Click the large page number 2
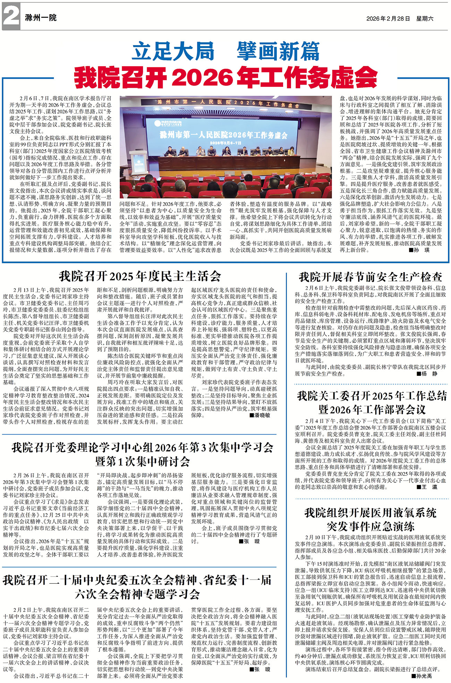(11, 17)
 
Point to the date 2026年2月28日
(388, 18)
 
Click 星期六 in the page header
(425, 18)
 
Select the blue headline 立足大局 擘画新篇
(226, 52)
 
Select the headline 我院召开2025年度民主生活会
(140, 276)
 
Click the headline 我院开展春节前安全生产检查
(370, 277)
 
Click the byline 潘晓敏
(259, 415)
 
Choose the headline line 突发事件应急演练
(370, 526)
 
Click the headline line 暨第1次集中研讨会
(142, 462)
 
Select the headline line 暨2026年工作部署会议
(372, 410)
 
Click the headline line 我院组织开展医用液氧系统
(370, 513)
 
